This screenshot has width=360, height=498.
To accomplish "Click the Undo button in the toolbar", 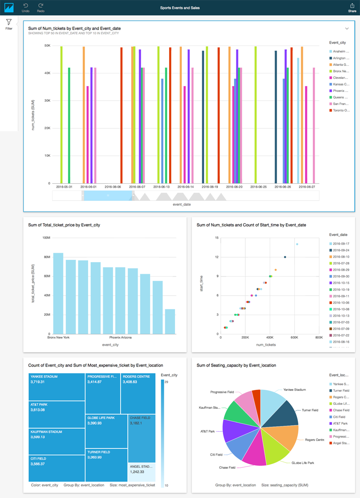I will pos(26,7).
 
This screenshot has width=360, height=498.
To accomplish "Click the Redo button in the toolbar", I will pos(40,7).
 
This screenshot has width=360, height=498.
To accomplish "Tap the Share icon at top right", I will pos(352,7).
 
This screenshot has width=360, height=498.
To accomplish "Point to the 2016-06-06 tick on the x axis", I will pos(112,186).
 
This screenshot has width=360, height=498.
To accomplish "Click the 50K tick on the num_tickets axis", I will pos(46,45).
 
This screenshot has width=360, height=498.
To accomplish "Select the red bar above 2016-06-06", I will pos(121,115).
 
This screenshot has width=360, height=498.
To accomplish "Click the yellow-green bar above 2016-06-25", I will pos(256,115).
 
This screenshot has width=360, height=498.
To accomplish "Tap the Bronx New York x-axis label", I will pos(58,337).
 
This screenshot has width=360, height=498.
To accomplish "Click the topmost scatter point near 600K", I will pos(297,244).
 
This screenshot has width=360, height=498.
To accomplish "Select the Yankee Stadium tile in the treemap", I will pos(57,385).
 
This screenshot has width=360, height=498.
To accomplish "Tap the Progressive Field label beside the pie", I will pos(221,392).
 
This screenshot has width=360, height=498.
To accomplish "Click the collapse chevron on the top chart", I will pos(347,28).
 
